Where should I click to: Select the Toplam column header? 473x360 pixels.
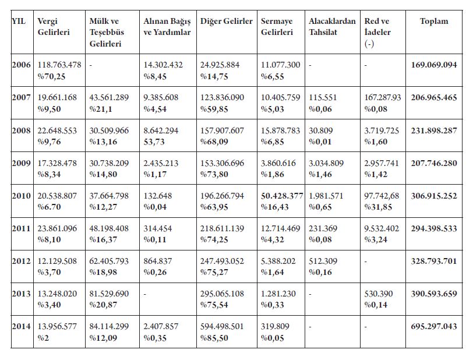pyautogui.click(x=434, y=22)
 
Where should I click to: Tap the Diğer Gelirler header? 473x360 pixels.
pyautogui.click(x=226, y=22)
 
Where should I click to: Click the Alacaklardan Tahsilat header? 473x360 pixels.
pyautogui.click(x=333, y=27)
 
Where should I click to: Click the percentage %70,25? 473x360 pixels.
pyautogui.click(x=50, y=76)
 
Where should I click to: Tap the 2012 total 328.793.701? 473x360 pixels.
pyautogui.click(x=434, y=261)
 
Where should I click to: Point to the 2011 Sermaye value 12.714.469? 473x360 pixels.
pyautogui.click(x=281, y=228)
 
